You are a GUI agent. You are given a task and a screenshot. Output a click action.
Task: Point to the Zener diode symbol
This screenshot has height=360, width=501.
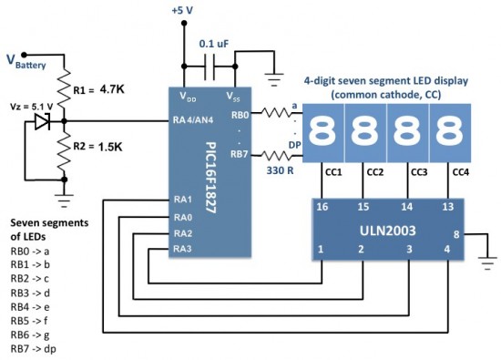click(x=42, y=119)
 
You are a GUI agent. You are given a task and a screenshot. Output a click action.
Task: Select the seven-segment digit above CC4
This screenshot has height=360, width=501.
click(x=449, y=131)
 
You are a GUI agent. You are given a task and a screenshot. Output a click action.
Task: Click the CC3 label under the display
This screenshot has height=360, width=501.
click(x=418, y=171)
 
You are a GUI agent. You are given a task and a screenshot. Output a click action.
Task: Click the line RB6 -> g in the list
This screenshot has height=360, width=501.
click(x=32, y=334)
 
